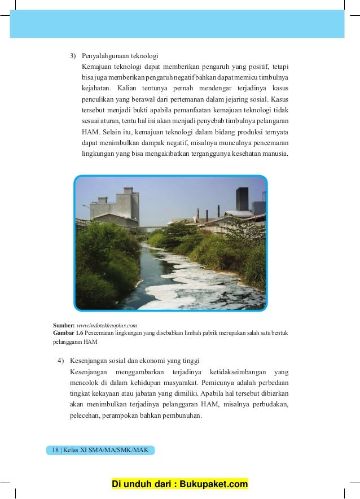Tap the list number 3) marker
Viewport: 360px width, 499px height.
73,56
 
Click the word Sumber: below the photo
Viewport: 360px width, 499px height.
64,326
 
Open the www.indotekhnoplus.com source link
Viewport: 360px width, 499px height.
107,326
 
